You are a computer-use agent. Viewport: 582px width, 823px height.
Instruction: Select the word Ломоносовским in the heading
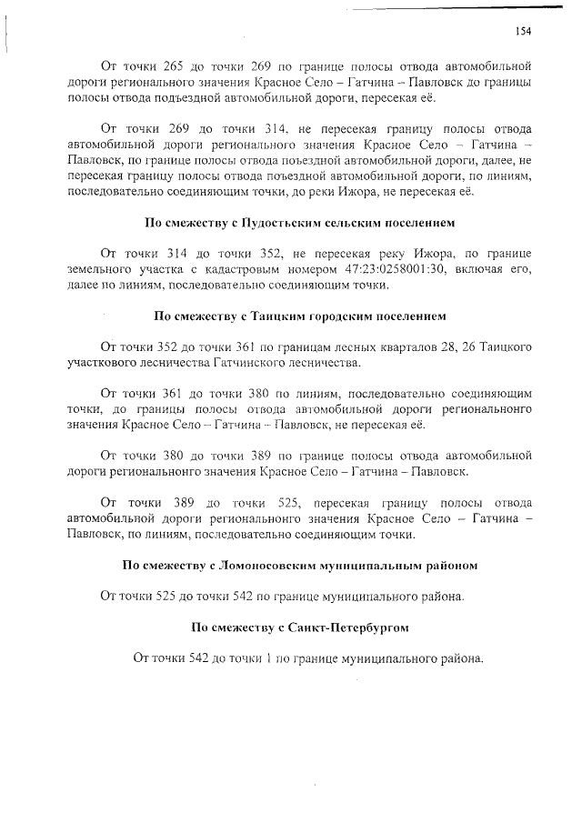pos(279,565)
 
